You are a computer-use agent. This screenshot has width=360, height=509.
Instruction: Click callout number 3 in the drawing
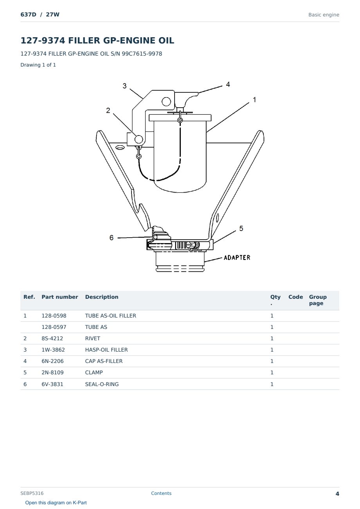(x=124, y=86)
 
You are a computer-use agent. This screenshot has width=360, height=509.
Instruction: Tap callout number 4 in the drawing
(x=228, y=85)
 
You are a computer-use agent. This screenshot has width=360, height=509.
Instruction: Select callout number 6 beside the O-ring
(x=111, y=238)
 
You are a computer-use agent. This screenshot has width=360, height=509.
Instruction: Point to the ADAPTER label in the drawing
(x=237, y=258)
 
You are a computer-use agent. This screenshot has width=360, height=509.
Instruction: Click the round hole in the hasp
(x=166, y=101)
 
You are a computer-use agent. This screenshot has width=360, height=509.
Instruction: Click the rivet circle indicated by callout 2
(x=139, y=139)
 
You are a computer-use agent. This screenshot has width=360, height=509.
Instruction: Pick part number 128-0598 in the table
(x=54, y=316)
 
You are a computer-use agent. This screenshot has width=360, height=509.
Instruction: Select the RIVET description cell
(x=92, y=338)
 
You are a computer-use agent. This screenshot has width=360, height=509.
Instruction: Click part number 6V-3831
(x=52, y=384)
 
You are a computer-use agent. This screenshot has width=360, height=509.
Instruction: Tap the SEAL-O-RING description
(x=102, y=384)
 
